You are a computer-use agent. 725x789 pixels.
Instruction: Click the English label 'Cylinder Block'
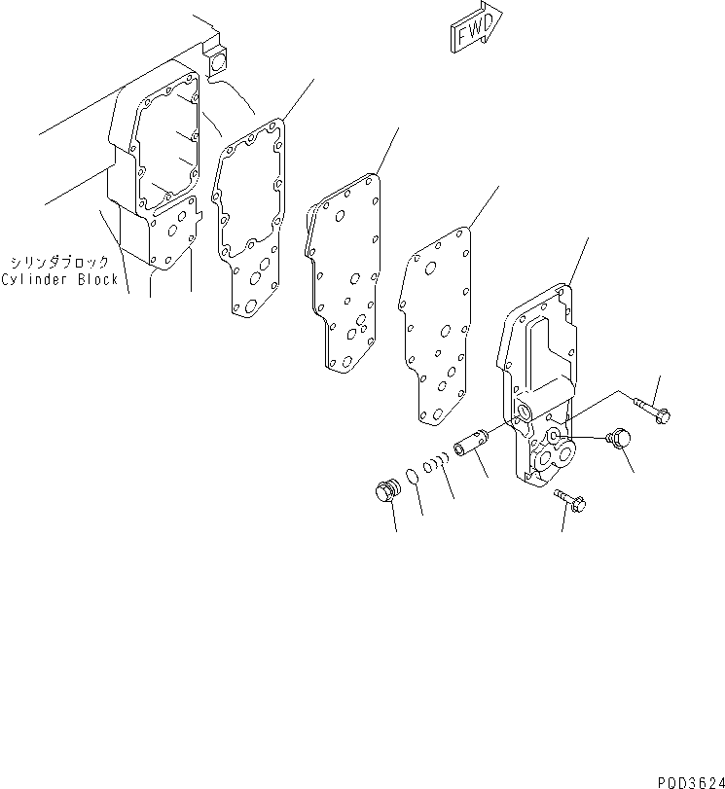click(x=59, y=279)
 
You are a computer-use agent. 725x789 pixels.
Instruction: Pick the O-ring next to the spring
click(x=413, y=477)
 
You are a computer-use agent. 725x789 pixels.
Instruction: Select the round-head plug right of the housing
click(x=619, y=442)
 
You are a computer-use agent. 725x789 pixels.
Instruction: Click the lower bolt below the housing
click(x=572, y=500)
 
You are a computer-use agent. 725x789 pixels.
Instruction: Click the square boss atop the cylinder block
click(x=216, y=60)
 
